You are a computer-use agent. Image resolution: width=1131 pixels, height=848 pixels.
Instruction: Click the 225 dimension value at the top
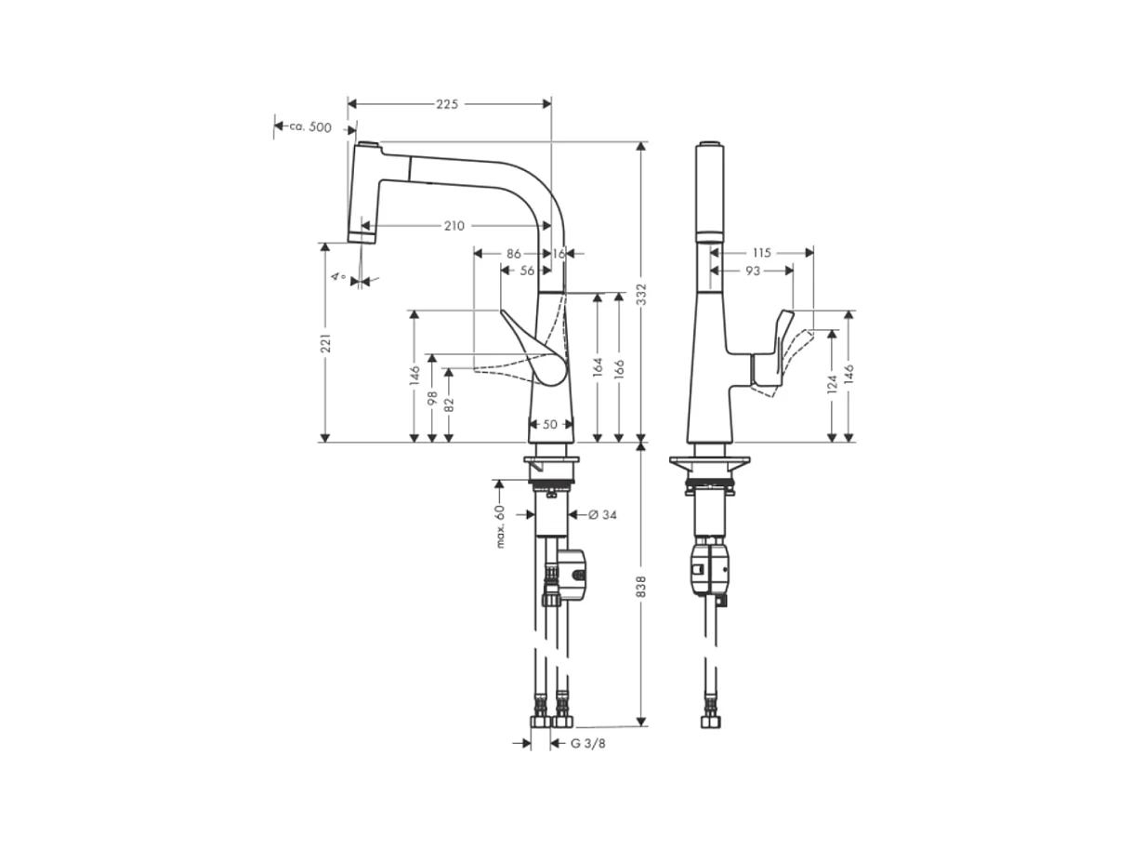(447, 104)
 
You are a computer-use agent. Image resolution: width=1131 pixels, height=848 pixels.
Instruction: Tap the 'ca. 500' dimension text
(309, 127)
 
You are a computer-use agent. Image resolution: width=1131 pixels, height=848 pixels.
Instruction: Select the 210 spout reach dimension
(454, 226)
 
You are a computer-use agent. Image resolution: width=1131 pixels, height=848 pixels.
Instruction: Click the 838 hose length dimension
(641, 587)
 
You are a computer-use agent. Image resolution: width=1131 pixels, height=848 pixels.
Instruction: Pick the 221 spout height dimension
(325, 344)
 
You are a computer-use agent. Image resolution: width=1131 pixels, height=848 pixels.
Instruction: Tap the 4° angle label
(341, 277)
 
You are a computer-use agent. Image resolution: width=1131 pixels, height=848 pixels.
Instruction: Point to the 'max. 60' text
(500, 526)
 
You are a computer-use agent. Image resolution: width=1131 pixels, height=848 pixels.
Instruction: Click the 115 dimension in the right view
(762, 252)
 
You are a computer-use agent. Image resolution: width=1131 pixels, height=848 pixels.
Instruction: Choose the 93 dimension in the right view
(753, 271)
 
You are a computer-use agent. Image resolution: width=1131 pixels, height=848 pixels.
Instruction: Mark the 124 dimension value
(832, 385)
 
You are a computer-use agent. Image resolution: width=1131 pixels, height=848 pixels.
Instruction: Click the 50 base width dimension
(549, 424)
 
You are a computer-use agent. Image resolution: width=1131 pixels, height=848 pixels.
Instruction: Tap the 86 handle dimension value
(514, 252)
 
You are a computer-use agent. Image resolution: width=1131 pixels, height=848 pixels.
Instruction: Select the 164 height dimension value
(598, 368)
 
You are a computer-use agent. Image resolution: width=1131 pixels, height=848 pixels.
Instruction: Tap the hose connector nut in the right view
(710, 722)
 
